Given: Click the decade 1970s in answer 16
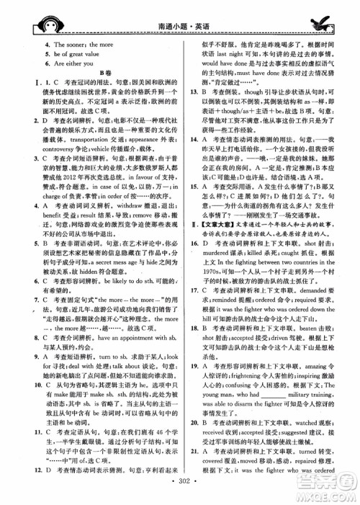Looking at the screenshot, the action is pyautogui.click(x=220, y=314).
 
